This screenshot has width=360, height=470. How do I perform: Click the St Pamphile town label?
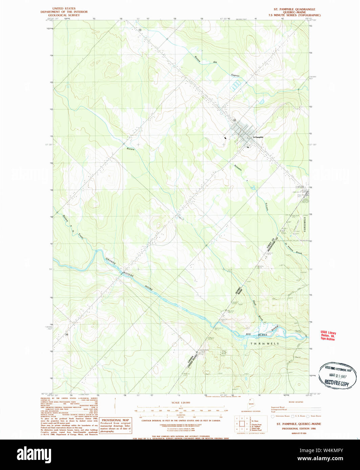[258, 137]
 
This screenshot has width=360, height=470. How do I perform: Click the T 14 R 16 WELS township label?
[265, 344]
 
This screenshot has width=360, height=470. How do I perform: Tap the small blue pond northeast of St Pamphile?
[261, 101]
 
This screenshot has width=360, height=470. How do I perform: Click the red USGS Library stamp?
[328, 336]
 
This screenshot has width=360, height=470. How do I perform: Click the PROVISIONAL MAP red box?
[116, 425]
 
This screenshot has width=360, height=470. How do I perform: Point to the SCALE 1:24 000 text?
[181, 402]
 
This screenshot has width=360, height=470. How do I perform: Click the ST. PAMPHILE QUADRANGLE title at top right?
[294, 9]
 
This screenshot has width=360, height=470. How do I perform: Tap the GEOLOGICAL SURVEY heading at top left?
[64, 15]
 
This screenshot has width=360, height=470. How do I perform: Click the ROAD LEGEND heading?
[296, 402]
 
